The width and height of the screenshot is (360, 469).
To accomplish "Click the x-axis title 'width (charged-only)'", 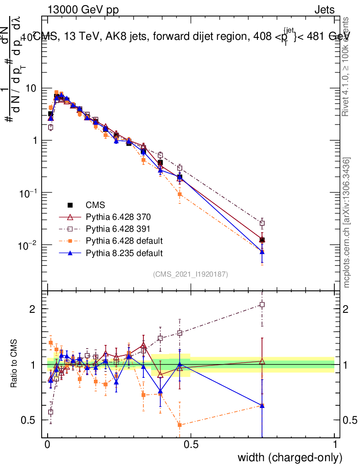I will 290,457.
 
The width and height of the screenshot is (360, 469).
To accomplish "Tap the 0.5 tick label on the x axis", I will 191,445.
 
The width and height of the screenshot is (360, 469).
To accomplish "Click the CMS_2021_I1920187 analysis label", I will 191,274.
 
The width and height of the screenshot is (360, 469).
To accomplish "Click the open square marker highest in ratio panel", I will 262,304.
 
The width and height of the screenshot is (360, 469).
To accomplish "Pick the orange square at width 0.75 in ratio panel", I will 262,405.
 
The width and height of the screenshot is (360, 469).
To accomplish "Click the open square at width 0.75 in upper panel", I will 262,224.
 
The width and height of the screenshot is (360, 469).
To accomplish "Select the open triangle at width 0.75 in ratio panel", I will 262,361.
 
